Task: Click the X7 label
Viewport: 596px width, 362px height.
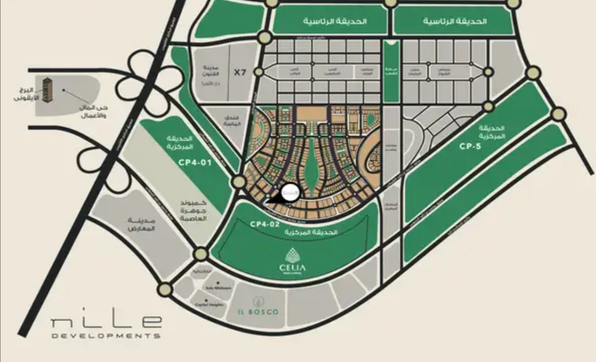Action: [x=240, y=72]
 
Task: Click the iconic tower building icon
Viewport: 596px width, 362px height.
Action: [x=48, y=89]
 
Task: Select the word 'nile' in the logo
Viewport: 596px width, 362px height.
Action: [x=107, y=322]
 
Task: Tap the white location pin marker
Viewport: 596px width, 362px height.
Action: [x=290, y=191]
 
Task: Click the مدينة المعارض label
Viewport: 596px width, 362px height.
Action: [x=142, y=224]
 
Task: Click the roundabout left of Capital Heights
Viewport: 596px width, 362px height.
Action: [x=165, y=290]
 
